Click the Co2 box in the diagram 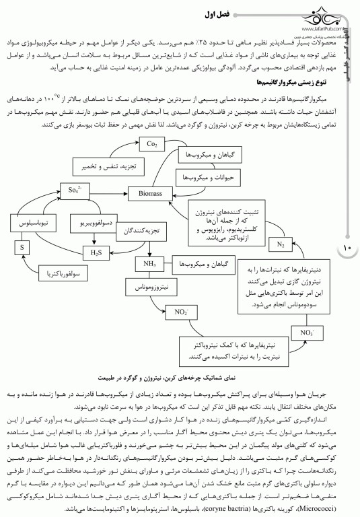click(151, 143)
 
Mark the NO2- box click(181, 312)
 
